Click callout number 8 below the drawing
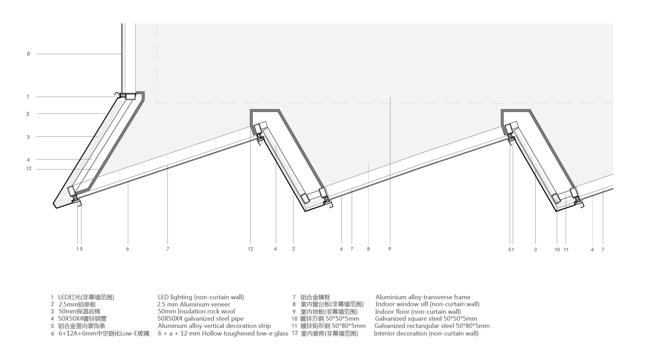pos(368,249)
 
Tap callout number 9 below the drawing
pos(390,249)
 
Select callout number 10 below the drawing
pos(557,250)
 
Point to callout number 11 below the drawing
pos(566,250)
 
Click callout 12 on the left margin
pos(29,169)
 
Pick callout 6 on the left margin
pos(28,54)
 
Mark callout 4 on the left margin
pos(28,160)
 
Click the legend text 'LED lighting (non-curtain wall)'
pos(201,297)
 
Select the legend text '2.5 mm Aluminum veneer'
pos(193,304)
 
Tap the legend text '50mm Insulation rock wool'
pos(196,311)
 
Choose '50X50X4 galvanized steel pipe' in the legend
pos(200,319)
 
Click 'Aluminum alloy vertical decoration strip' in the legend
pos(214,326)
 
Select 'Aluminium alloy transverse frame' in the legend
pos(423,297)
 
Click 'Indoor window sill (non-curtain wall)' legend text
pos(427,304)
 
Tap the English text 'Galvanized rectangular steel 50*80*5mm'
pos(432,326)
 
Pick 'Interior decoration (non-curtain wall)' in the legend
pos(426,333)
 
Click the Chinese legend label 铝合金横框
pos(315,297)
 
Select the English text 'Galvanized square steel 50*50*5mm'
pos(426,319)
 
